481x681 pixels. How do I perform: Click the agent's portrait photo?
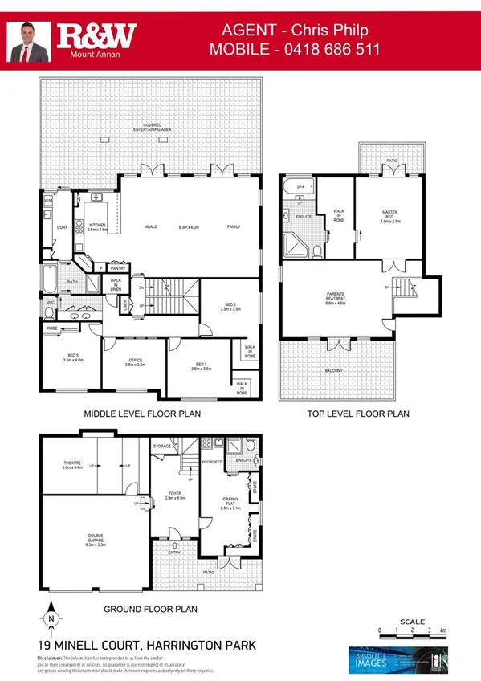click(29, 42)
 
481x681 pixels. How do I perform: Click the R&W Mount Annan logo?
click(95, 39)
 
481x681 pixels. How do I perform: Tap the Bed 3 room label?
click(201, 367)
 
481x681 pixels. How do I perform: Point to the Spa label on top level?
click(300, 186)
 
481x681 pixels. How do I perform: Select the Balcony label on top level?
click(334, 370)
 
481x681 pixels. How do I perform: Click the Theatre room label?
click(73, 465)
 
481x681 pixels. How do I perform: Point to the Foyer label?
click(174, 495)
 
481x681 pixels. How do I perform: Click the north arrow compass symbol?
click(51, 619)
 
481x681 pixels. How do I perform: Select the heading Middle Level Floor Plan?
click(142, 414)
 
